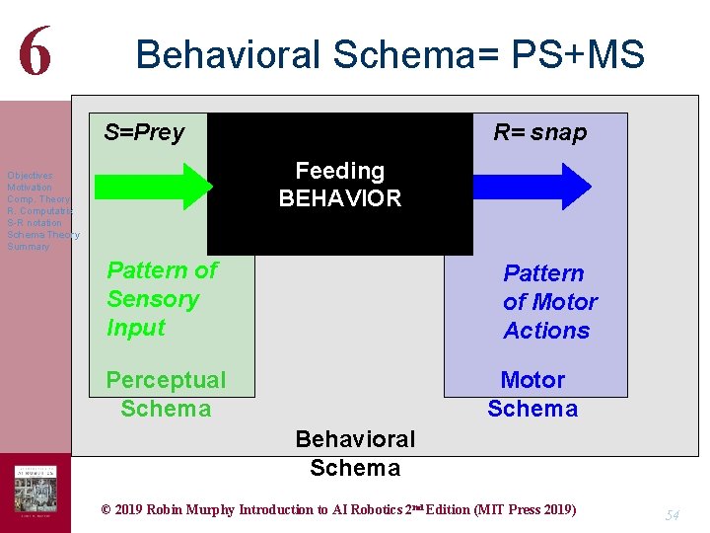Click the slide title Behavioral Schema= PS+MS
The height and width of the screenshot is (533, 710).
click(390, 54)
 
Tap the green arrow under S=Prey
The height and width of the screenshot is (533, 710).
click(153, 186)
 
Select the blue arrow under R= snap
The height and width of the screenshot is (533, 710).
click(532, 186)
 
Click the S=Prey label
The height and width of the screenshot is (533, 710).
click(144, 132)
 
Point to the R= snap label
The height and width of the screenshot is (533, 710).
click(539, 132)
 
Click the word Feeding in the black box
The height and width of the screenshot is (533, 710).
click(339, 172)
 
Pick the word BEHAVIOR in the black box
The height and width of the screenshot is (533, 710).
click(339, 198)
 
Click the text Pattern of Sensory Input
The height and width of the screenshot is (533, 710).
click(162, 299)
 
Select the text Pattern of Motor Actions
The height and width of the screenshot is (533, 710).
click(549, 302)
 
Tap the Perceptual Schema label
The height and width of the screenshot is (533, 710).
click(166, 394)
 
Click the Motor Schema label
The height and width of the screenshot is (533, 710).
click(532, 394)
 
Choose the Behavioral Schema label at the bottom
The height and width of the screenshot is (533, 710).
click(355, 453)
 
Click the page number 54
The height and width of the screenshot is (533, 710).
click(673, 514)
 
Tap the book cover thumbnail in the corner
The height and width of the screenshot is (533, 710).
click(35, 492)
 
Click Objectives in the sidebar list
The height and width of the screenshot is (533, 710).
click(30, 175)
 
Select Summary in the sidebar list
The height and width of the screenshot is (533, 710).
click(28, 246)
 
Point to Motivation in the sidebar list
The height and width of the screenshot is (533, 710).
click(30, 187)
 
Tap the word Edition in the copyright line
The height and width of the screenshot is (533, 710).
click(439, 510)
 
